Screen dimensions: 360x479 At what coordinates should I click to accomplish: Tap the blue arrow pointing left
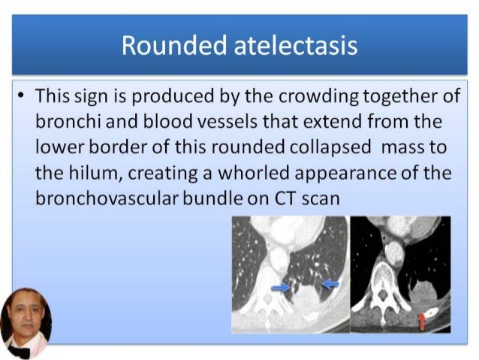point(330,283)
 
